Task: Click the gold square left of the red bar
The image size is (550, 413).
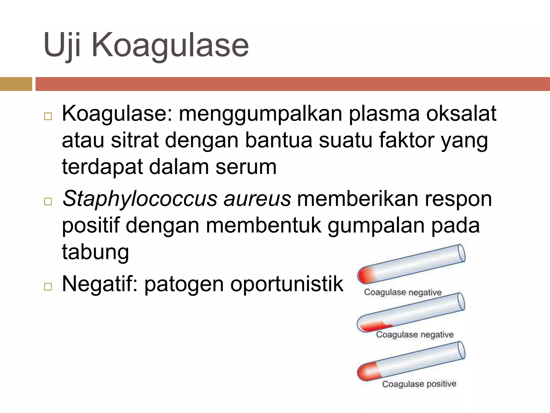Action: click(x=16, y=84)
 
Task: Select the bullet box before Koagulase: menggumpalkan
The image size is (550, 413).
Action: click(x=48, y=116)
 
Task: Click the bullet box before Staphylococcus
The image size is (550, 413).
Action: click(x=48, y=201)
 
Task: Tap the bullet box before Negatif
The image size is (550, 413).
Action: click(x=48, y=287)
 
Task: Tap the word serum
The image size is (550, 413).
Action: click(x=246, y=167)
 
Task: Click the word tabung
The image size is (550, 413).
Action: click(x=95, y=252)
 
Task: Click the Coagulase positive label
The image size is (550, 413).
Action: click(x=419, y=384)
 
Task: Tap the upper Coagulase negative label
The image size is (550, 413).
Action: click(x=403, y=292)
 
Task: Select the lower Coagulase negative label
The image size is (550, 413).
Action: click(x=415, y=335)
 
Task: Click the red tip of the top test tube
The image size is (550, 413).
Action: click(x=365, y=276)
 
